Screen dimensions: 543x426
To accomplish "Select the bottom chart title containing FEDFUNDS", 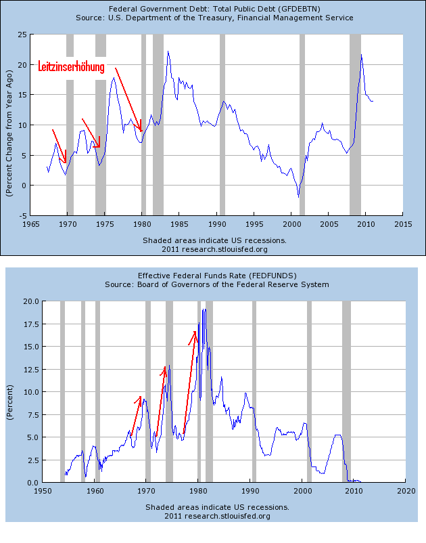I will click(x=217, y=276).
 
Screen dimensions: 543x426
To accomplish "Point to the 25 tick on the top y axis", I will click(x=22, y=35).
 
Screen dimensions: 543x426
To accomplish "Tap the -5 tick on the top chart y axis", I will click(x=23, y=215).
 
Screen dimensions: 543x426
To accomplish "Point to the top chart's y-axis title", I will click(x=10, y=125).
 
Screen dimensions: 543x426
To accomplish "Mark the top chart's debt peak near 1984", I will click(x=168, y=51).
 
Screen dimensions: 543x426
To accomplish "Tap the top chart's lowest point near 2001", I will click(x=298, y=196).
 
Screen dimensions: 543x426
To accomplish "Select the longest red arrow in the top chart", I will click(x=128, y=99).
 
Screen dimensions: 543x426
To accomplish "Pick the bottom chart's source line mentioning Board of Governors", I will click(x=217, y=285).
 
